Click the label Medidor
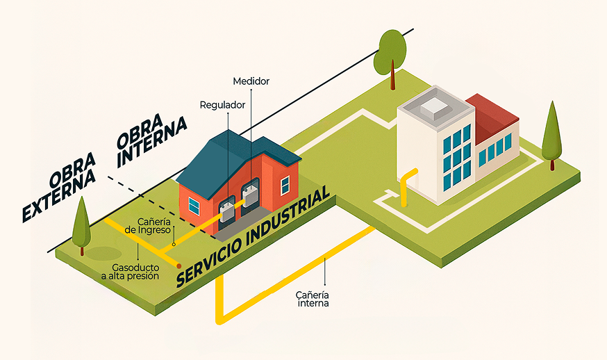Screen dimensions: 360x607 point(251,81)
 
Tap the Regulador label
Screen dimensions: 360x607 point(222,105)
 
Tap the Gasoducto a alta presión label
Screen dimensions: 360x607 point(135,271)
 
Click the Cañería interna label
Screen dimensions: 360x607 point(313,298)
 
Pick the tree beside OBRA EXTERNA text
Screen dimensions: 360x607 point(81,219)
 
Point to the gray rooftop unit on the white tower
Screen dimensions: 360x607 point(435,106)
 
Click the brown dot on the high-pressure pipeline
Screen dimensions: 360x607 point(179,266)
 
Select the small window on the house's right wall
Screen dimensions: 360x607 point(285,184)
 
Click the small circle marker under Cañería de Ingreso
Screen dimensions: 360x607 point(174,244)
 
